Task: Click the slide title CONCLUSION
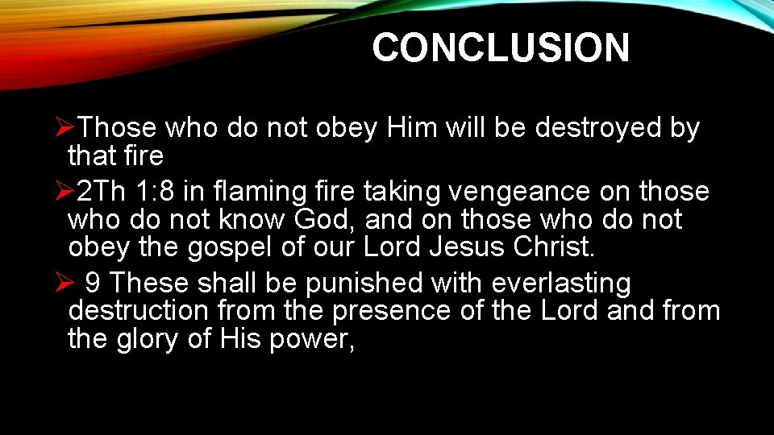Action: [500, 48]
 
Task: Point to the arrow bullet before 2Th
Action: [68, 192]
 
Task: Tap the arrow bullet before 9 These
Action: [68, 284]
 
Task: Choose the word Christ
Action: [554, 246]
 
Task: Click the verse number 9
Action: [93, 284]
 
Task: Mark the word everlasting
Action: [561, 284]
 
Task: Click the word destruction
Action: [137, 311]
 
